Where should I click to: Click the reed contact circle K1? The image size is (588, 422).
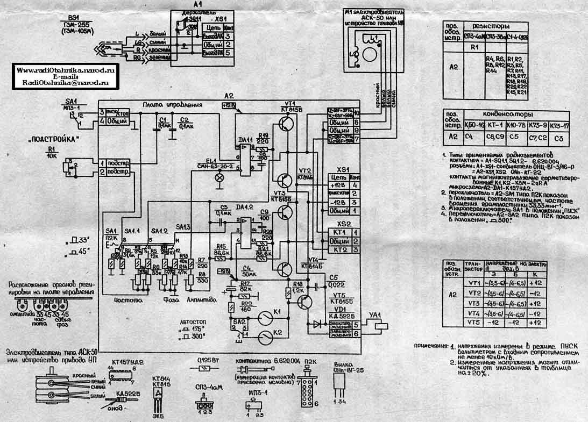pyautogui.click(x=264, y=316)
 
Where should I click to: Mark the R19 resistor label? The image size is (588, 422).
pyautogui.click(x=263, y=136)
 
